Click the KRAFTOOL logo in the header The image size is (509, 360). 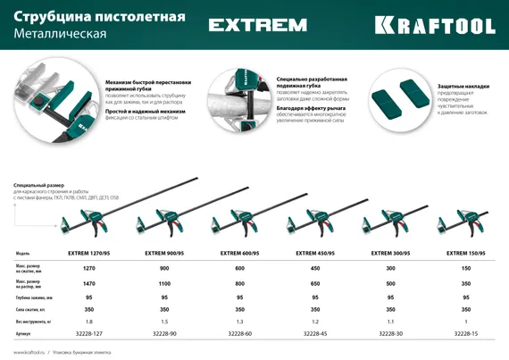435,25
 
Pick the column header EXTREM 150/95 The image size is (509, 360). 465,254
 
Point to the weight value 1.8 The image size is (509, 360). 88,321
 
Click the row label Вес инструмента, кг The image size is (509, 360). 33,321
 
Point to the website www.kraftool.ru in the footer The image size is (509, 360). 29,352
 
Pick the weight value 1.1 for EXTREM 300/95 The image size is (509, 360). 390,321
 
